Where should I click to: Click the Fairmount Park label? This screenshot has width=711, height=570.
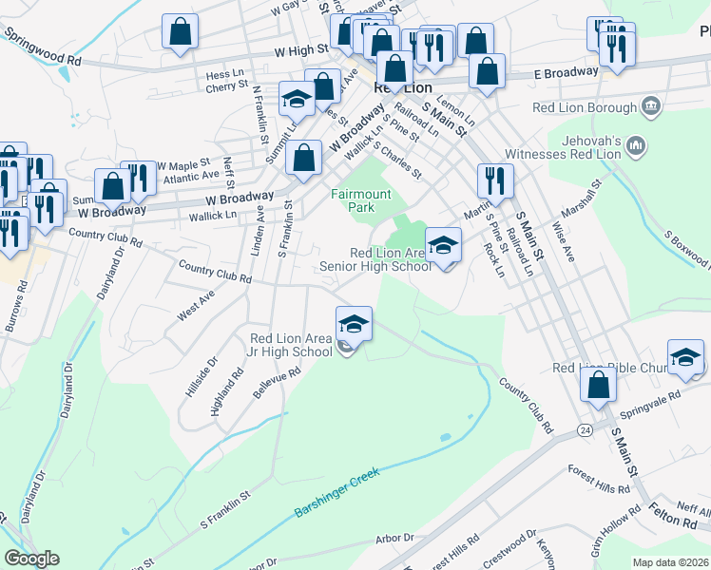(x=360, y=199)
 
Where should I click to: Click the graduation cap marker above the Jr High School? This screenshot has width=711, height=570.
(x=354, y=324)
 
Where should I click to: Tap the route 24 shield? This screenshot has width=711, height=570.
(x=582, y=430)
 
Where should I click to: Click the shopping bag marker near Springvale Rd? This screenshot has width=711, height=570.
(x=599, y=385)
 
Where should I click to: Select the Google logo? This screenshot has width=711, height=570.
(x=32, y=559)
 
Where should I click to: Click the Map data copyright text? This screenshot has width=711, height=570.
(x=671, y=562)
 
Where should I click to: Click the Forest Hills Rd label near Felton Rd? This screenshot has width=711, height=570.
(x=599, y=478)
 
